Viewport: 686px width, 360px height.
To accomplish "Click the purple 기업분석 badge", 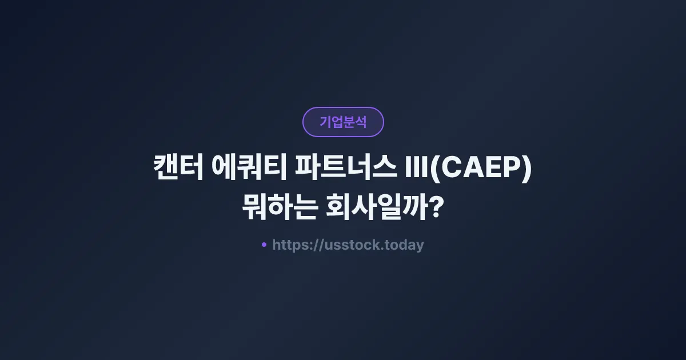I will pos(343,122).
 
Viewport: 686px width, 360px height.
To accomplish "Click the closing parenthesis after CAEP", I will pos(527,170).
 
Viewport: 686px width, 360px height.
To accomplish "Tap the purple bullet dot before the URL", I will pos(264,245).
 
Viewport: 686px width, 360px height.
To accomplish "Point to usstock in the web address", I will pos(349,245).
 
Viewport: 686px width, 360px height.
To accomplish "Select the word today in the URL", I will pos(404,245).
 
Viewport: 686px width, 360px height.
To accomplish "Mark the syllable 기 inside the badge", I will pos(325,122).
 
